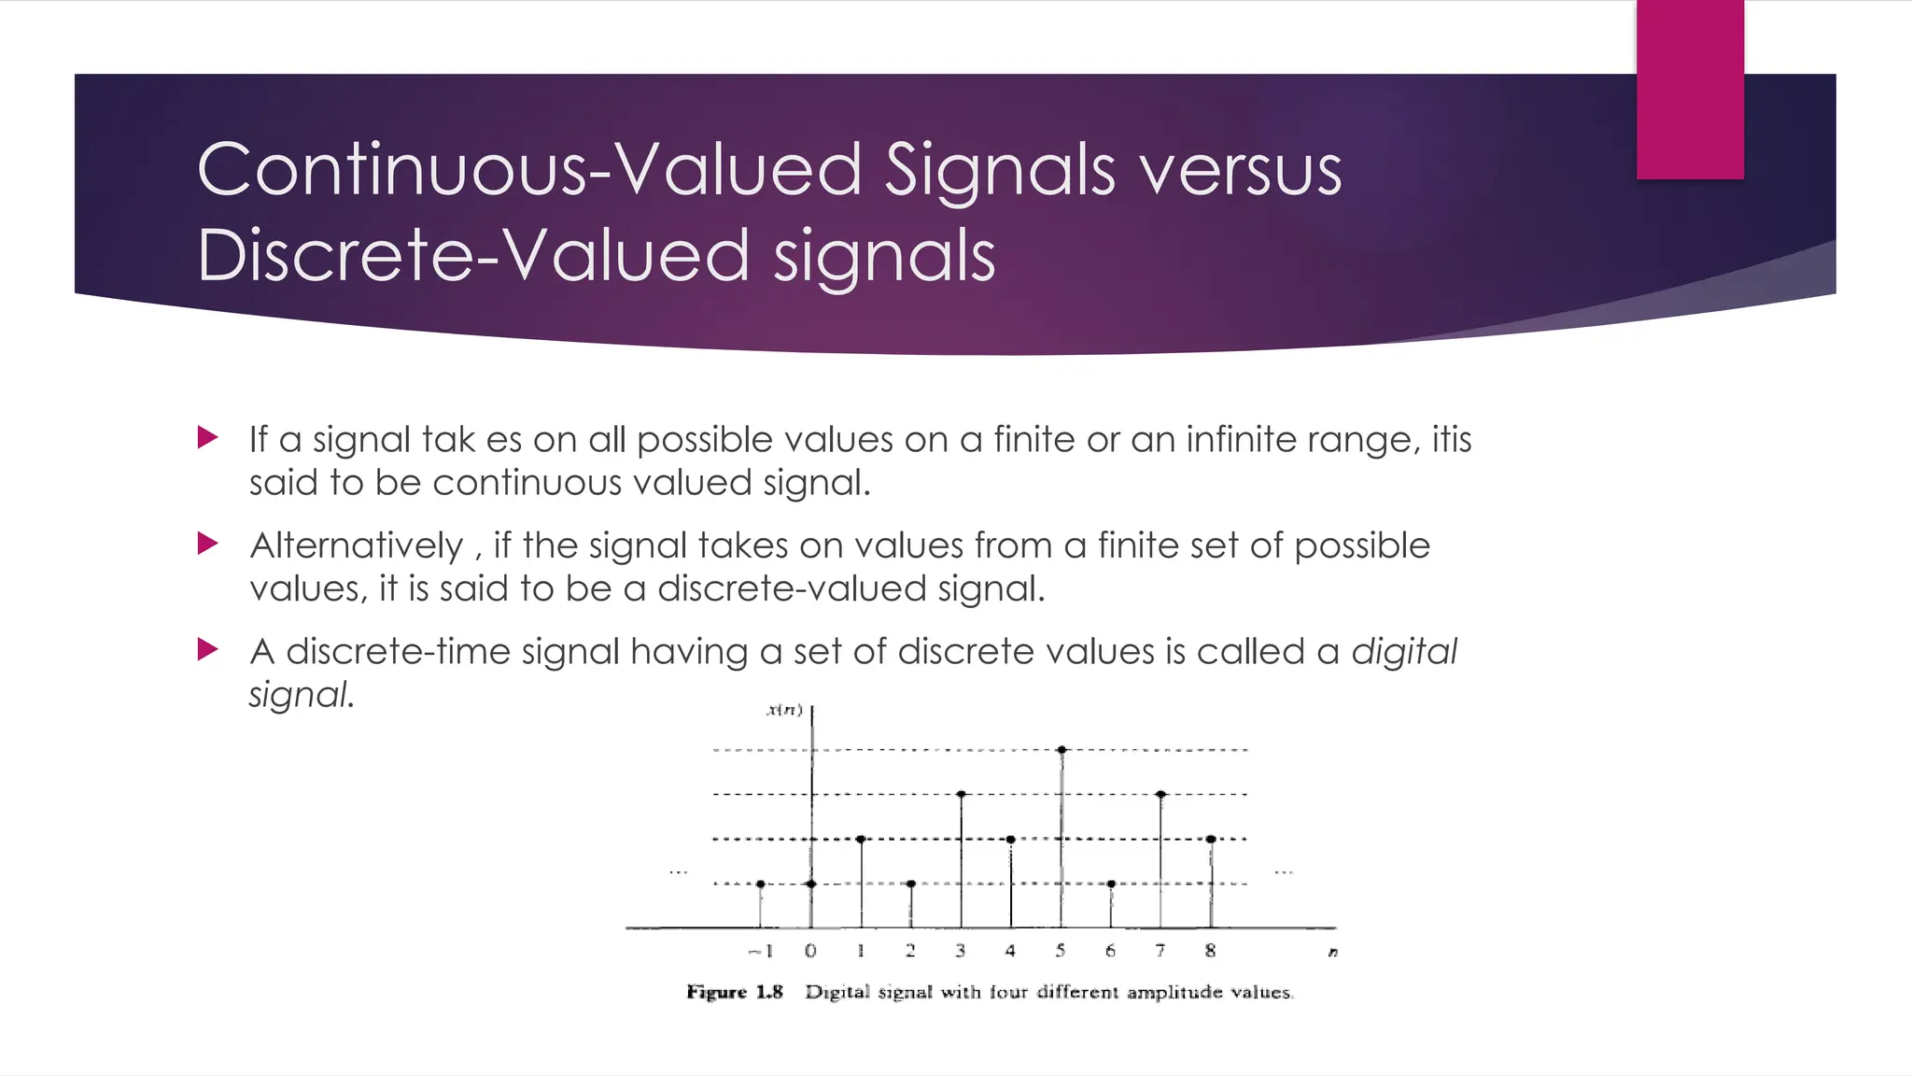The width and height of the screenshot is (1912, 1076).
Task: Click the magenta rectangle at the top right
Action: click(1690, 89)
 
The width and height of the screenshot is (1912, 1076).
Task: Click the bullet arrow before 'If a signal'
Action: click(208, 437)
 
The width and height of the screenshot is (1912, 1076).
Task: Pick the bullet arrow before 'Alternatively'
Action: click(208, 544)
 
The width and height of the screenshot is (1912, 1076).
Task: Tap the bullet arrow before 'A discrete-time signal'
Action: click(208, 649)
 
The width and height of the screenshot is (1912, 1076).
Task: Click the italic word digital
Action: click(1403, 651)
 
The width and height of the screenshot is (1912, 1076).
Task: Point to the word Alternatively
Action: click(357, 545)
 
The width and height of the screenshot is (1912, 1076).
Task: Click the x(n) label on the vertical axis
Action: click(784, 711)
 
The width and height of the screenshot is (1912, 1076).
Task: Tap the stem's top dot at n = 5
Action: click(1061, 749)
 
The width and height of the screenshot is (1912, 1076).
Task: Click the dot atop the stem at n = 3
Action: click(961, 794)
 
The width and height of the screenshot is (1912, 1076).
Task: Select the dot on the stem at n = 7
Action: click(1160, 794)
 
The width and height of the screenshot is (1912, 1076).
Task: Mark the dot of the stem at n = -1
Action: click(761, 884)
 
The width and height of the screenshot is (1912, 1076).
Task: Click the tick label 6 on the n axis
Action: click(1110, 951)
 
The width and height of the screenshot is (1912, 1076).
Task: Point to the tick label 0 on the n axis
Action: click(810, 951)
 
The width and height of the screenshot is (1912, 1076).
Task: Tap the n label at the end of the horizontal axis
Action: click(1333, 952)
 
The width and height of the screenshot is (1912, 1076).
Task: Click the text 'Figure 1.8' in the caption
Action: click(735, 992)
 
